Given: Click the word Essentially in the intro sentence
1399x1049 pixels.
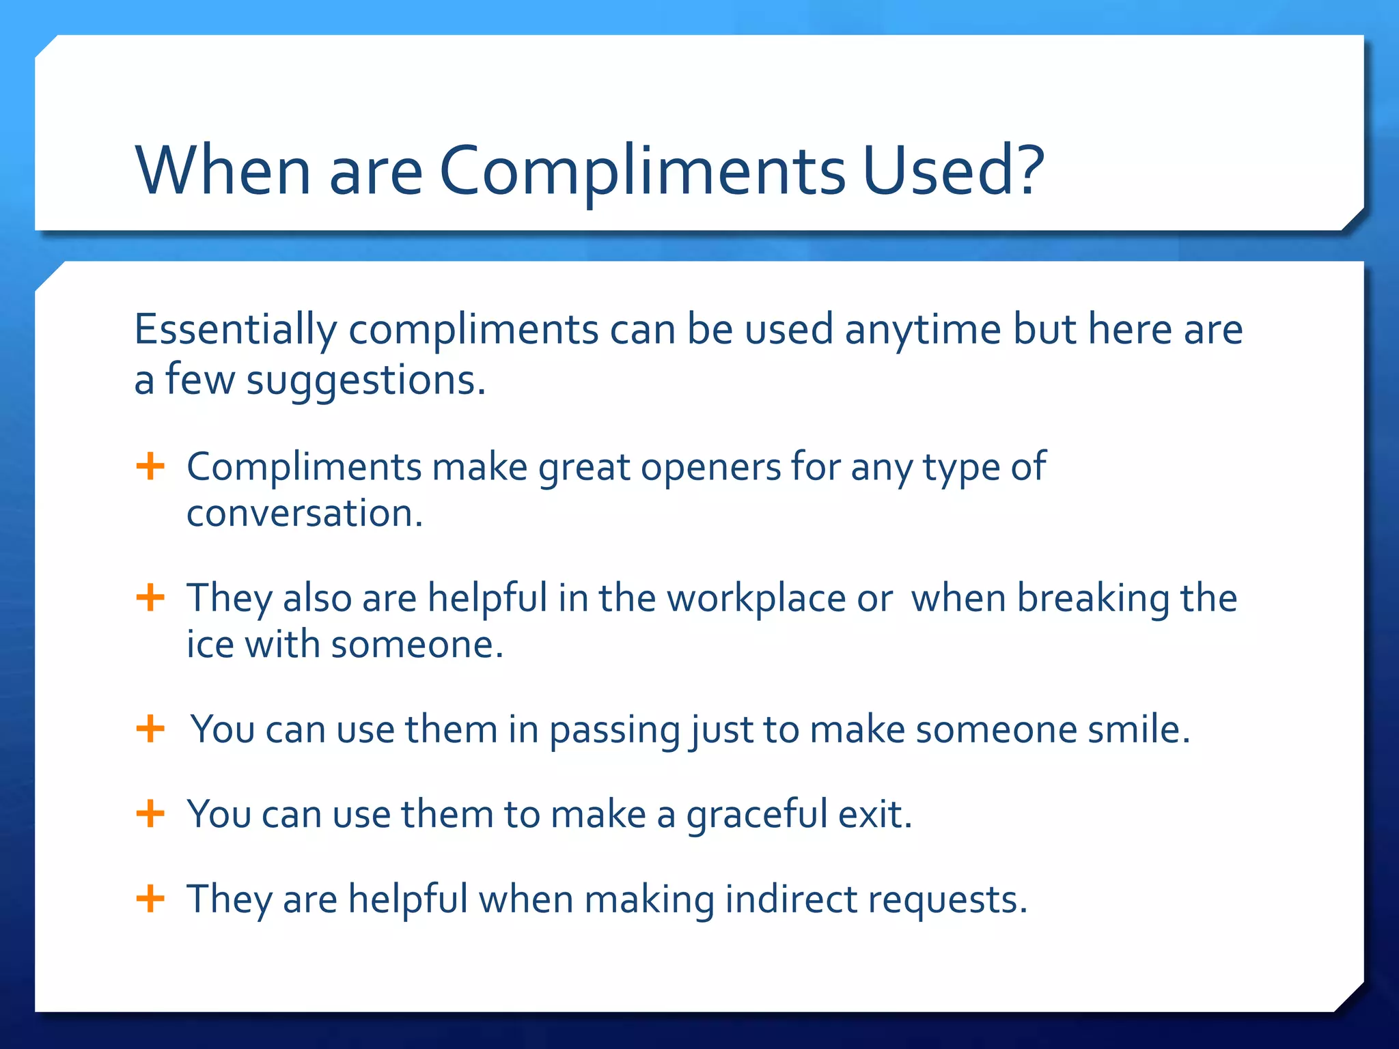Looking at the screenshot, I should pos(235,330).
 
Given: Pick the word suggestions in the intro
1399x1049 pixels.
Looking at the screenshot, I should pos(365,381).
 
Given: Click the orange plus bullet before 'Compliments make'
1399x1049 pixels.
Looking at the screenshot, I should pos(150,467).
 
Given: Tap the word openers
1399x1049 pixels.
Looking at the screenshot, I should pos(710,468).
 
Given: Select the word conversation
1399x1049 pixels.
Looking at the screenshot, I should pos(304,514).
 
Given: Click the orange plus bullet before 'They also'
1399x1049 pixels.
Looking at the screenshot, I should pos(150,598).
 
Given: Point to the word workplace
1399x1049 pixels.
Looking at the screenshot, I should pos(756,600).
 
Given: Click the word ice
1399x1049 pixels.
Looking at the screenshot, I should pos(210,645).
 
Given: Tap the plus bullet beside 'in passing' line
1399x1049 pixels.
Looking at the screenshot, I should pos(150,729).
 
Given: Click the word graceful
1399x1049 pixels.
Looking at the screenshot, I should pos(757,815).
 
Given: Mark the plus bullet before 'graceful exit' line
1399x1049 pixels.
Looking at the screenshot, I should pos(150,813).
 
